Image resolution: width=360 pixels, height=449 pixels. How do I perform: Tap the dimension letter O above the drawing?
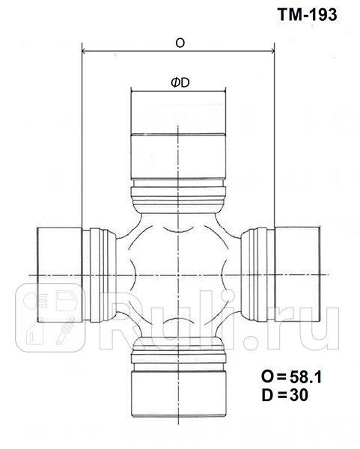tap(180, 43)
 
